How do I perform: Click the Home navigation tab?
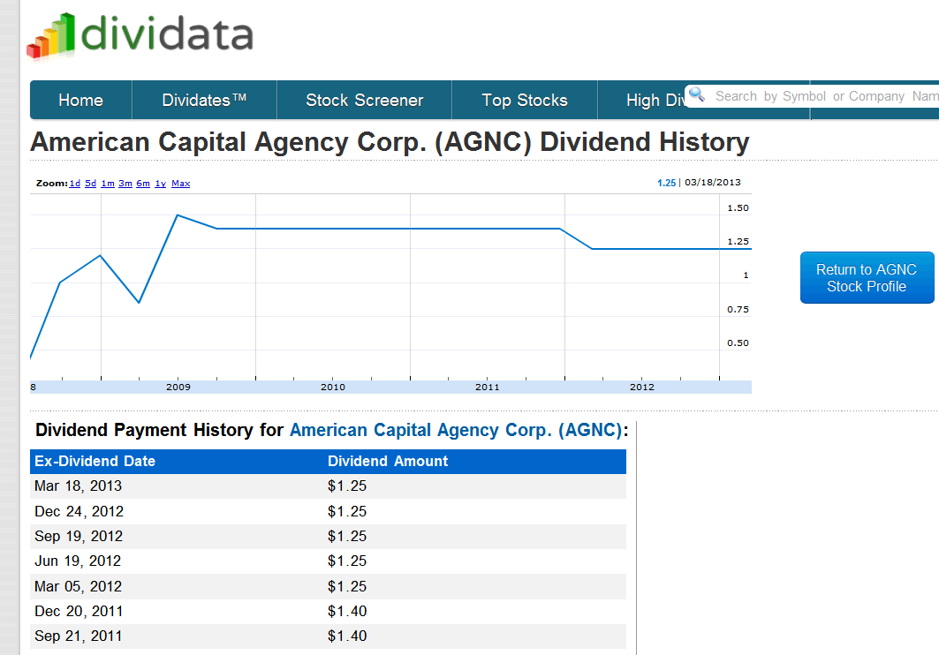tap(80, 101)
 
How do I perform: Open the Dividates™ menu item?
tap(204, 101)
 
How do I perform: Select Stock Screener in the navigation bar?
tap(365, 101)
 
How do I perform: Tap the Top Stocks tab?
tap(525, 101)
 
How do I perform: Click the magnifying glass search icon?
tap(697, 94)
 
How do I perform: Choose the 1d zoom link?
tap(75, 184)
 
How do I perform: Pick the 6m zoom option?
tap(143, 184)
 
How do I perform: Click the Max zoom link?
tap(180, 184)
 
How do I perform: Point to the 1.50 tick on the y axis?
tap(738, 208)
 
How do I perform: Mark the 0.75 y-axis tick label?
tap(738, 309)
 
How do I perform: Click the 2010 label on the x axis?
tap(333, 387)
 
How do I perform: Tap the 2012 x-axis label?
tap(642, 387)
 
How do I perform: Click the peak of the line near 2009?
tap(178, 215)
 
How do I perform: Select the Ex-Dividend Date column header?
tap(95, 461)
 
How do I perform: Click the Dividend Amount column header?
tap(388, 461)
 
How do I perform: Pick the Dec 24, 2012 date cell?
tap(79, 511)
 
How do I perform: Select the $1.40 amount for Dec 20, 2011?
tap(347, 611)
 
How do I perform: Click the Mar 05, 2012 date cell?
tap(79, 586)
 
